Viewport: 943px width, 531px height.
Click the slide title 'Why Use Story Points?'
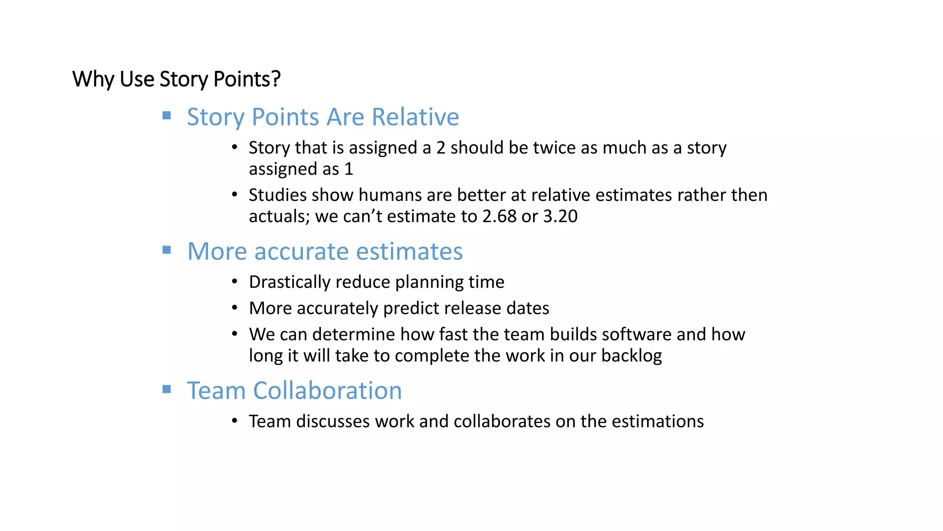click(176, 79)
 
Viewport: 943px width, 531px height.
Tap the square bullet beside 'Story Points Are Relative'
click(167, 115)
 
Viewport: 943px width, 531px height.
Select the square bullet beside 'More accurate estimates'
click(167, 250)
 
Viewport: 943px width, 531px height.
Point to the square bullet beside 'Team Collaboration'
click(167, 389)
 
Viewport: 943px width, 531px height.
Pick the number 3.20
click(560, 216)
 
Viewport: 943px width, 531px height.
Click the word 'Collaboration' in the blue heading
click(327, 390)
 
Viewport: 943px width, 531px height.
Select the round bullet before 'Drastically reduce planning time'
click(235, 281)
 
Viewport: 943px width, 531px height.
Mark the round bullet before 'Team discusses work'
click(235, 421)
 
